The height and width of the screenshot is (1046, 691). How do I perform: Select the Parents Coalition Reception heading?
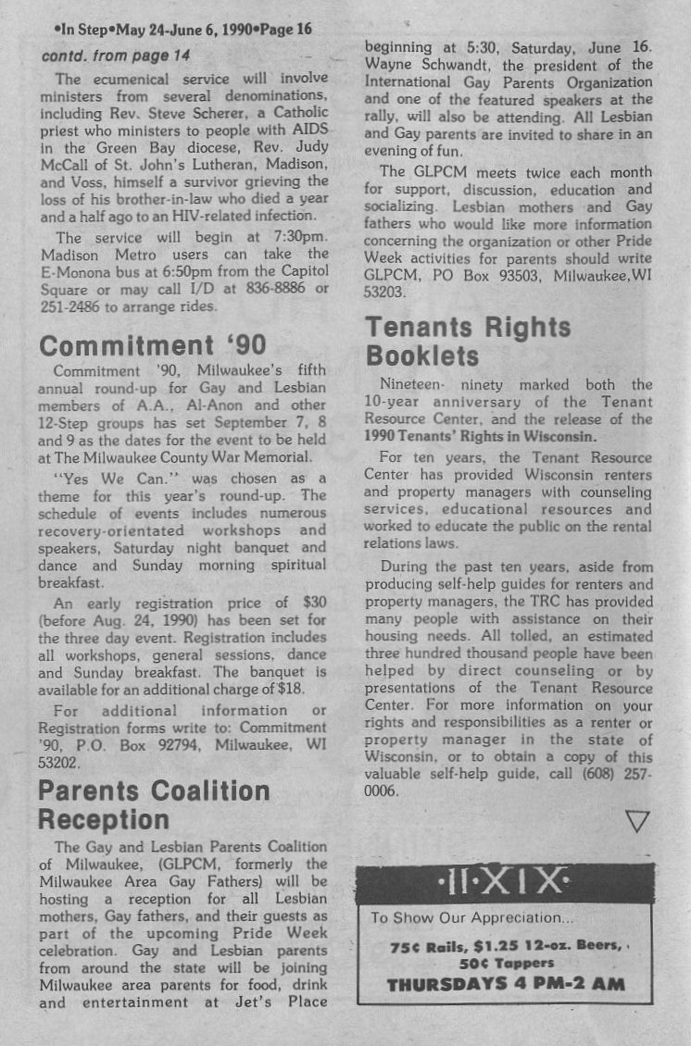(153, 805)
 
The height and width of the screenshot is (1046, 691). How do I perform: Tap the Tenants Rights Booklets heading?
(468, 341)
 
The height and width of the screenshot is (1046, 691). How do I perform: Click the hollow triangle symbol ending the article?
(637, 820)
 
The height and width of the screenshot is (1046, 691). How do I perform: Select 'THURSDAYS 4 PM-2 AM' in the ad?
(505, 984)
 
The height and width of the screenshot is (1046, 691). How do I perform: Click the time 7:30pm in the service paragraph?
(298, 237)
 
